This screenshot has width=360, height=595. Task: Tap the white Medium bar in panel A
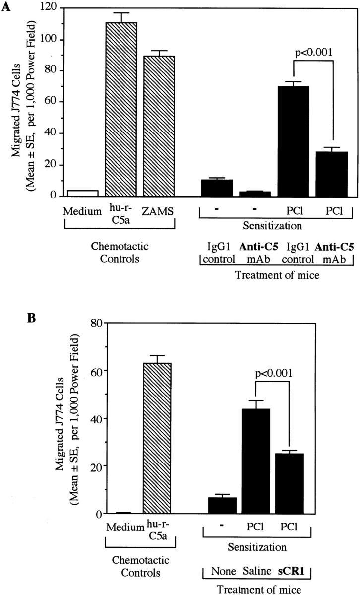tap(82, 193)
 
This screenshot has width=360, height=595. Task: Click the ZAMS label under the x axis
tap(158, 211)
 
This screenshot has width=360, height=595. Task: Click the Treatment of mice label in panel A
tap(275, 276)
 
